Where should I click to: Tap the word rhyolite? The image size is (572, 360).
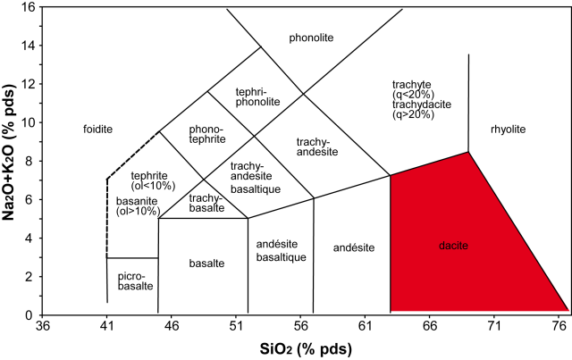coord(508,130)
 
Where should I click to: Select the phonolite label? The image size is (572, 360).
coord(310,38)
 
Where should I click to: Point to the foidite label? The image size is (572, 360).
coord(97,130)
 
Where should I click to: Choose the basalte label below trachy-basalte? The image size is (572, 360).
coord(206,263)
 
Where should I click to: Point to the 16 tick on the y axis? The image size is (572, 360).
coord(29,8)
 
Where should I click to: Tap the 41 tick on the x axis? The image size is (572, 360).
coord(106,328)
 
